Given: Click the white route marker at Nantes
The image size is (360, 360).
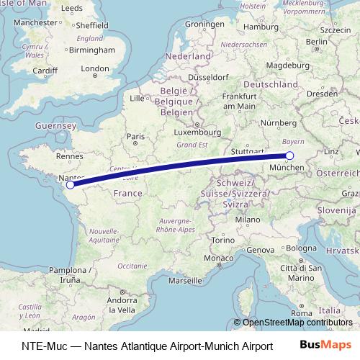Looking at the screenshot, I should pos(69,185).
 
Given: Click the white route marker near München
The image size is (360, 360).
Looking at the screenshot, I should pos(289,156).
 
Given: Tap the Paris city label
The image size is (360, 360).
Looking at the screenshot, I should pos(136,136).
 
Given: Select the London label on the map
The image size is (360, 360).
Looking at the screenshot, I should pos(95,70).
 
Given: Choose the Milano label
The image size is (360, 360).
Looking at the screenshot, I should pos(247,219).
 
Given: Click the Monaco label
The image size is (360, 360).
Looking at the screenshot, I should pos(218,258).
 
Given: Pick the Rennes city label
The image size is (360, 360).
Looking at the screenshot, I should pos(71,155).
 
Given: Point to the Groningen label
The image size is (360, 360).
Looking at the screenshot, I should pos(205,24).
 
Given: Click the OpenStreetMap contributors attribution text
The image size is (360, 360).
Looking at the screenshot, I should pos(297,323).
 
